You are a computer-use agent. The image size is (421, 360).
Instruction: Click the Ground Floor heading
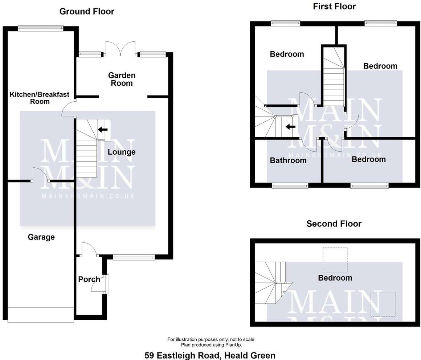(x=87, y=12)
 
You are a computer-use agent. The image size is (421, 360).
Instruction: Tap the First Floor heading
(x=334, y=6)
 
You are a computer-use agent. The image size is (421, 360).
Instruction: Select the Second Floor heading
(x=334, y=224)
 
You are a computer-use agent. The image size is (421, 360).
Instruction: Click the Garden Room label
(x=122, y=79)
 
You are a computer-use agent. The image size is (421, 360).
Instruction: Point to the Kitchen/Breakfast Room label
(x=40, y=98)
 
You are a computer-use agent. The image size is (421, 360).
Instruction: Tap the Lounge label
(x=122, y=152)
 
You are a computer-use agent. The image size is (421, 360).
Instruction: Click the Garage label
(x=41, y=237)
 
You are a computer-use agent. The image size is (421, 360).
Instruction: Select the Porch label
(x=89, y=279)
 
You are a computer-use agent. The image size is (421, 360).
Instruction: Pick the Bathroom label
(x=288, y=160)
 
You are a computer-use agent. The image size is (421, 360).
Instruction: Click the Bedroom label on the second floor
(x=335, y=278)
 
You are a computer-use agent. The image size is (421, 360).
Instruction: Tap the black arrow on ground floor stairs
(x=103, y=129)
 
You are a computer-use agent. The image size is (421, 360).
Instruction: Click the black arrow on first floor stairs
(x=290, y=127)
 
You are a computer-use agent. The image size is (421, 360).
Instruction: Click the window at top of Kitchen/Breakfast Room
(x=40, y=28)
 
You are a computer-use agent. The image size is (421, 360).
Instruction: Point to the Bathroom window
(x=290, y=185)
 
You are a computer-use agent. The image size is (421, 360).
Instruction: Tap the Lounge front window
(x=134, y=257)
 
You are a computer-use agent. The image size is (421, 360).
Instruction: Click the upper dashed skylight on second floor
(x=335, y=259)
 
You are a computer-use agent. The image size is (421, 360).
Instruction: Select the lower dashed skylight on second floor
(x=383, y=304)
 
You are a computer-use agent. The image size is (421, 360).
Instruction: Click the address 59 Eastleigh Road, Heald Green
(x=210, y=355)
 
